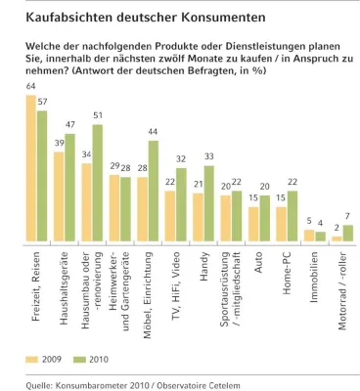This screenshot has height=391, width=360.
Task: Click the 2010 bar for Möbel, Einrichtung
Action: click(x=153, y=191)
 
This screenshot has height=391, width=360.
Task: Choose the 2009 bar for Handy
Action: click(x=198, y=216)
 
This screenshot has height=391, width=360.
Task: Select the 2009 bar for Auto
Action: click(x=253, y=223)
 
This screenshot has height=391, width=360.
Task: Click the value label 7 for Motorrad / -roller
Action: click(x=347, y=216)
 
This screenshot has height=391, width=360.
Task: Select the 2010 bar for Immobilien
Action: click(x=320, y=236)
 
